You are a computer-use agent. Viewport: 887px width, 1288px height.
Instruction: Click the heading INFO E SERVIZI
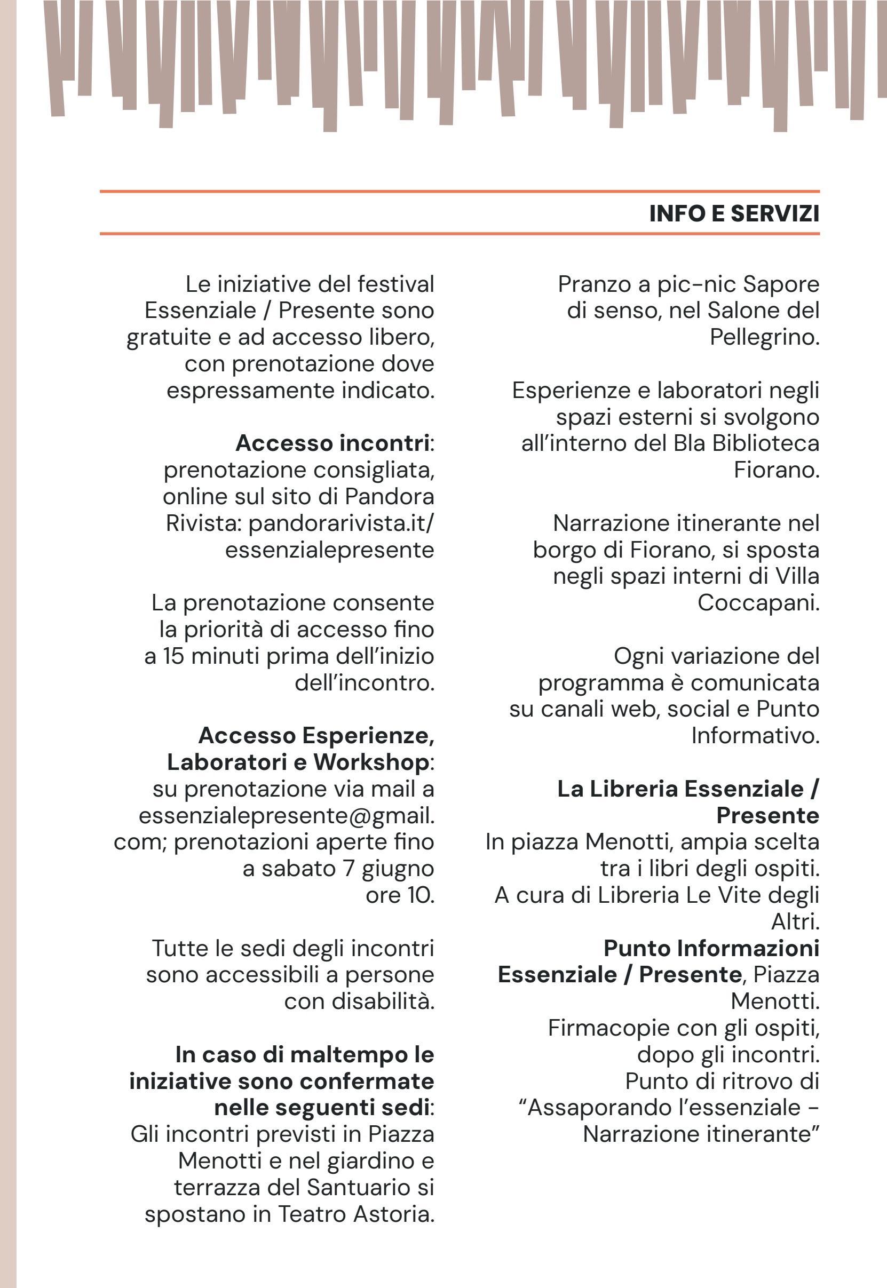pyautogui.click(x=734, y=214)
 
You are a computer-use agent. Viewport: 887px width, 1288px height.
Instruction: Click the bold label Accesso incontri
pyautogui.click(x=332, y=443)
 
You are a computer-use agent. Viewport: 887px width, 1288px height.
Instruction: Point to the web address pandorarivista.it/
pyautogui.click(x=341, y=523)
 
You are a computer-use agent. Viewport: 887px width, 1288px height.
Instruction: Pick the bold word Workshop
pyautogui.click(x=371, y=762)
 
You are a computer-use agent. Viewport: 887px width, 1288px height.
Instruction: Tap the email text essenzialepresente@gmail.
pyautogui.click(x=286, y=816)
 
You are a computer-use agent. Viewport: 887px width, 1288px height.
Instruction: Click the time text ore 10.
pyautogui.click(x=400, y=895)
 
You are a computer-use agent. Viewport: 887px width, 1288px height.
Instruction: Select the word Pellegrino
pyautogui.click(x=764, y=338)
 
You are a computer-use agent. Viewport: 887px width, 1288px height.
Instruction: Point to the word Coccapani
pyautogui.click(x=758, y=603)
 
